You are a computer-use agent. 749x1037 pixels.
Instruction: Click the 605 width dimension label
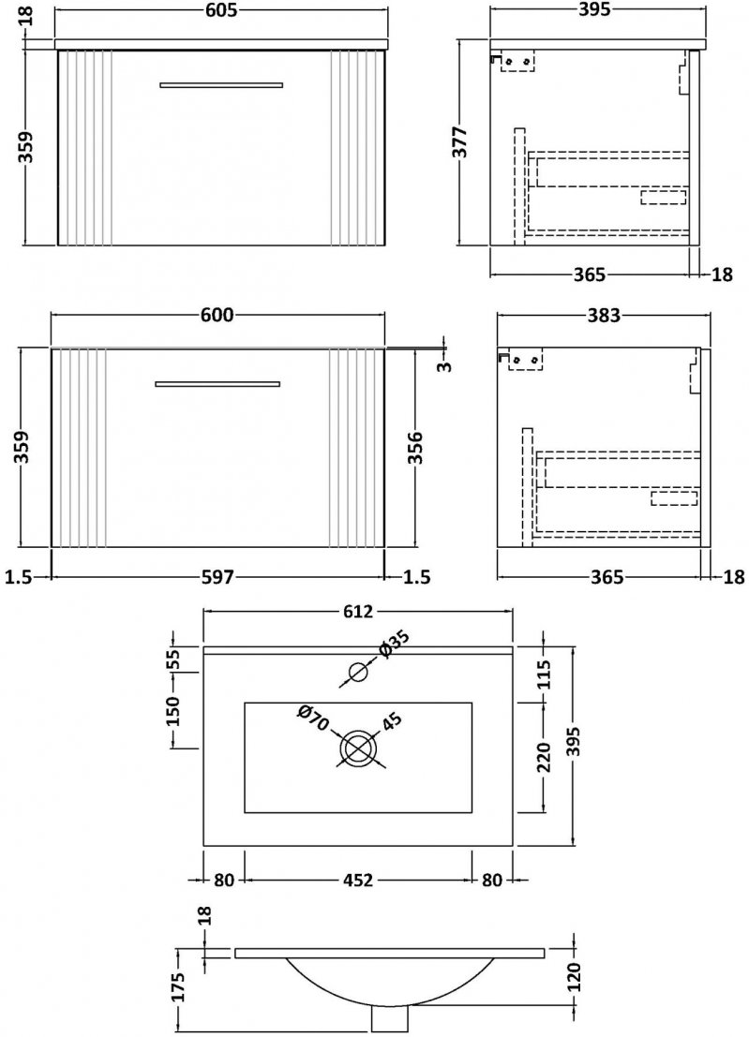[219, 10]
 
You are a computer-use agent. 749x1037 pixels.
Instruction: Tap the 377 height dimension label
[460, 141]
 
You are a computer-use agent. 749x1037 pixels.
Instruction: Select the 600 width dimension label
[217, 315]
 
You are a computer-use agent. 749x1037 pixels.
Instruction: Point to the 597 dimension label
[217, 577]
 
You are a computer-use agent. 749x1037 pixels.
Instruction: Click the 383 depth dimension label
[604, 316]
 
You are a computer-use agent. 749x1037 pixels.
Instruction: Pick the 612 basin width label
[357, 612]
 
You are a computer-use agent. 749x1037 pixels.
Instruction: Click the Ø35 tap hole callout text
[395, 644]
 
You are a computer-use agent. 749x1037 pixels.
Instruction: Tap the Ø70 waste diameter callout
[313, 718]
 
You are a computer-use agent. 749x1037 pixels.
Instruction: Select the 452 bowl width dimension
[357, 881]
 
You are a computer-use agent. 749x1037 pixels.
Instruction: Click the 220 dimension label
[543, 757]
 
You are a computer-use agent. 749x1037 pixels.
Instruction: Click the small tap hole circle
[358, 672]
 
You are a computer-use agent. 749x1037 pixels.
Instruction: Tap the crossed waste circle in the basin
[358, 748]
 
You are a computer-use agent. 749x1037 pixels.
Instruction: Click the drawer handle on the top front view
[221, 84]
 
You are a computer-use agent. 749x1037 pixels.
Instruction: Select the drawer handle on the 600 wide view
[217, 383]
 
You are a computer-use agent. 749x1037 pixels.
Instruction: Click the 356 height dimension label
[415, 448]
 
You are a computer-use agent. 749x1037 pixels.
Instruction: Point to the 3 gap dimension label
[445, 365]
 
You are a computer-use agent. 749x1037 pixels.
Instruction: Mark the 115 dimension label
[543, 674]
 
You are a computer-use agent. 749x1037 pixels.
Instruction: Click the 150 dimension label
[172, 710]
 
